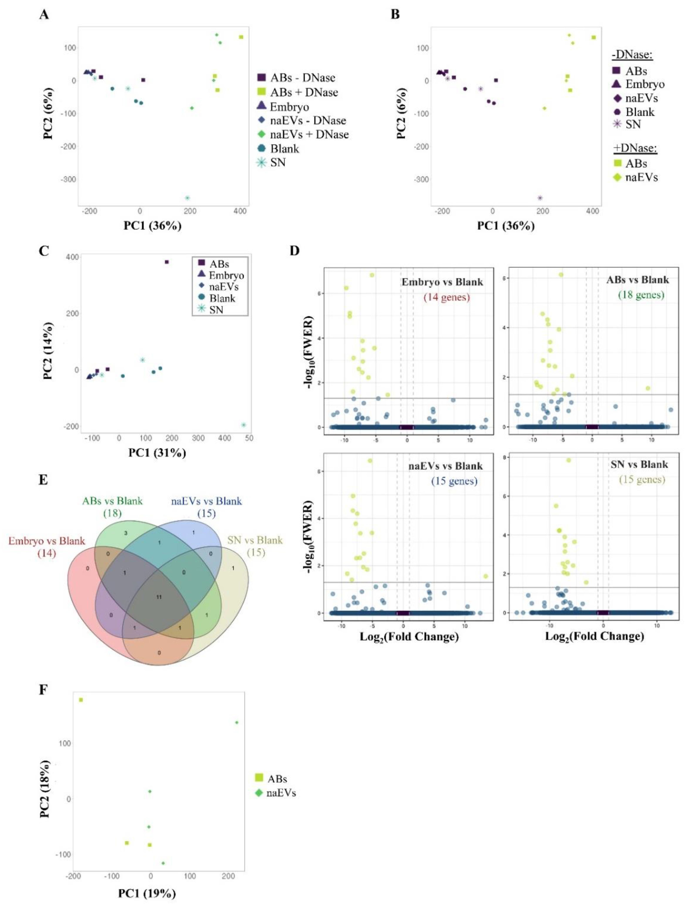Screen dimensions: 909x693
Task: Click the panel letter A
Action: pos(44,15)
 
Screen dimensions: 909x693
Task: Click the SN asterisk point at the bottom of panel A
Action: pos(187,198)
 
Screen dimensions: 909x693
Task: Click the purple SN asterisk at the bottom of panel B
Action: pos(540,198)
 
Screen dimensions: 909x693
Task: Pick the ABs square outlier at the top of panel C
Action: pos(167,262)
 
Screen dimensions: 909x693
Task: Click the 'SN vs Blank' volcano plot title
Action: pos(639,464)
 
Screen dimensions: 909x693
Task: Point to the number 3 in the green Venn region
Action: pos(126,533)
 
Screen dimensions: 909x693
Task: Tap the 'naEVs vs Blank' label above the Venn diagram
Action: pos(206,501)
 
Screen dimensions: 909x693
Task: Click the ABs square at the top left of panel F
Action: pos(81,700)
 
